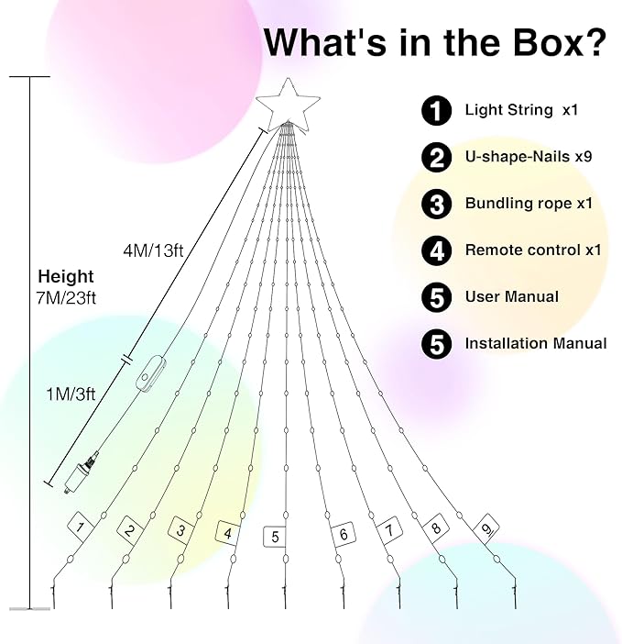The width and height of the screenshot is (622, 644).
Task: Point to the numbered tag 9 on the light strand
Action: [x=486, y=528]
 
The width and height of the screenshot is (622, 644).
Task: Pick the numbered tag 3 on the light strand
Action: [x=181, y=529]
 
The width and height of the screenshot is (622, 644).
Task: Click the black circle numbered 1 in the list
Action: [x=437, y=111]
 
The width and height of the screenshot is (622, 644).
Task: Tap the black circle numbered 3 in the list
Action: [x=437, y=204]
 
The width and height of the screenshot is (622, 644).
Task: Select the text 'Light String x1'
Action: [x=520, y=110]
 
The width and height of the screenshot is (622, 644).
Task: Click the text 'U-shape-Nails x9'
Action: [x=529, y=157]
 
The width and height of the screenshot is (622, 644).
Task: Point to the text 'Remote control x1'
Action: [x=533, y=250]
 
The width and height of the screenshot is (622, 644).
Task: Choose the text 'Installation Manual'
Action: [x=536, y=343]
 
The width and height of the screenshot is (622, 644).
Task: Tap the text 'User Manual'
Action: [x=511, y=296]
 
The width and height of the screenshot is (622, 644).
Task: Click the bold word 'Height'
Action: [x=65, y=276]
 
